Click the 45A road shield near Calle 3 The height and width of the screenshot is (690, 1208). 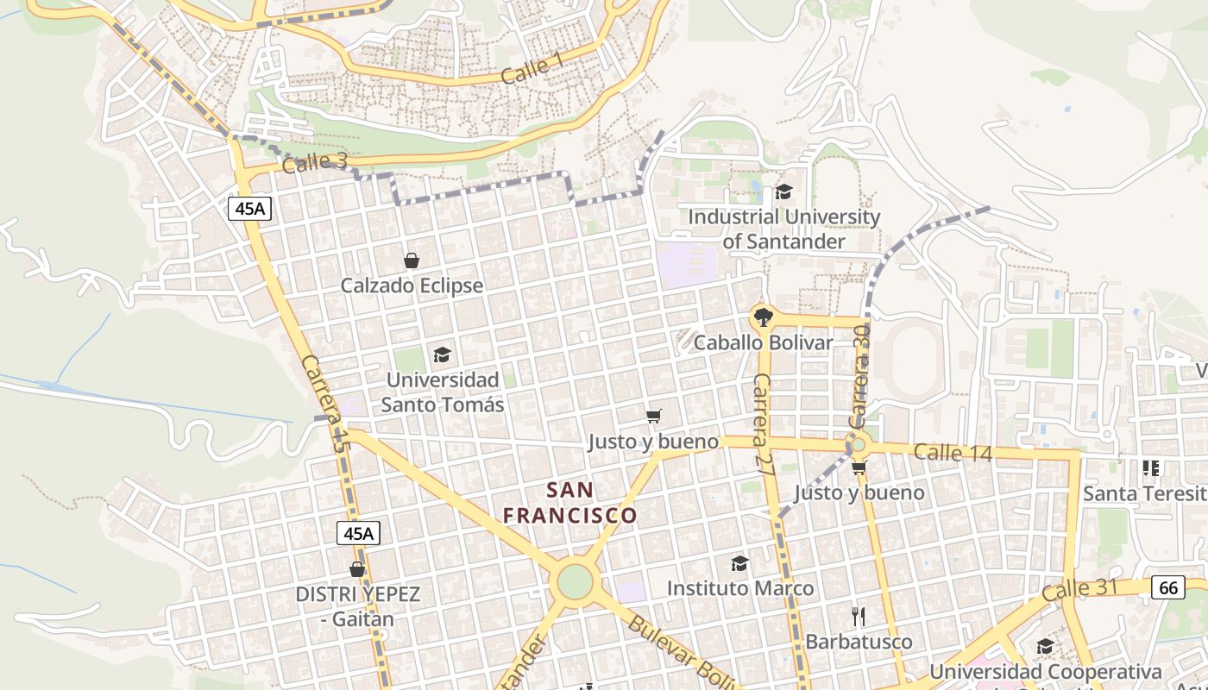[250, 208]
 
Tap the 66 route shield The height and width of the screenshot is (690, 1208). [1167, 588]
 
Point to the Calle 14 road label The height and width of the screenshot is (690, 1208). [953, 452]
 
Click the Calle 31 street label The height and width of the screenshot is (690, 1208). [1079, 591]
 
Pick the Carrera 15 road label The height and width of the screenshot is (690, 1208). [324, 404]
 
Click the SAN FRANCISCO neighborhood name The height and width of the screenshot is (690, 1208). [570, 503]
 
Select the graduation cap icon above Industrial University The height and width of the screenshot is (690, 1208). [783, 191]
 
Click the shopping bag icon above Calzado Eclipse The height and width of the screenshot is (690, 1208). [412, 260]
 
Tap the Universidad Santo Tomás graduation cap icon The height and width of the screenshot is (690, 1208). [442, 354]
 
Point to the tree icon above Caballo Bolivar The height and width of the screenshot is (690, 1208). [762, 317]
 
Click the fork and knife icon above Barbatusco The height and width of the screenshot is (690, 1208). [858, 616]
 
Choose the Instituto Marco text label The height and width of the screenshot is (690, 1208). [740, 588]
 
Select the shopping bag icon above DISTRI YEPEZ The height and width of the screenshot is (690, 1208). [357, 569]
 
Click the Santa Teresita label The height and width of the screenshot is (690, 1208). [1144, 493]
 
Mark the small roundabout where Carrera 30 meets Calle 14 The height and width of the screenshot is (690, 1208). [858, 445]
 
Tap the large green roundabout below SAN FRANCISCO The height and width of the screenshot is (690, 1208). [576, 581]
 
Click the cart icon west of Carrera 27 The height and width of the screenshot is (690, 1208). [654, 417]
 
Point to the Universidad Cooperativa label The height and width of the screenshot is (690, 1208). [1046, 671]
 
